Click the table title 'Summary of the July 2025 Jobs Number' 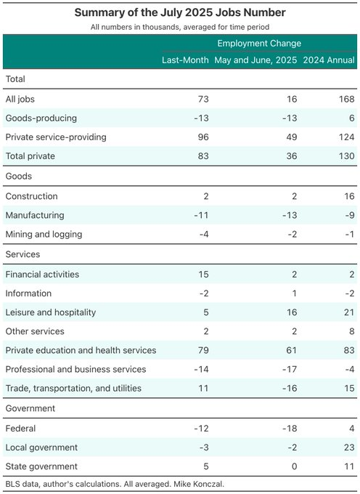(180, 12)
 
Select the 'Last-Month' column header (185, 60)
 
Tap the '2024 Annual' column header (329, 60)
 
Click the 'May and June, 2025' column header (255, 60)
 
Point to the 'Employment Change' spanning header (259, 43)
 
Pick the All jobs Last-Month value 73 (203, 100)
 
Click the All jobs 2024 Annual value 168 (347, 100)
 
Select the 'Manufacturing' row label (35, 215)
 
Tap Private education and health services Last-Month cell (203, 350)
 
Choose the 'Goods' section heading (19, 176)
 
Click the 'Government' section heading (30, 408)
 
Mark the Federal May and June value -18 (290, 429)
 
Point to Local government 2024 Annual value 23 (349, 448)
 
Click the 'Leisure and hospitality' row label (51, 312)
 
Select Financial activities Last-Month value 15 (204, 275)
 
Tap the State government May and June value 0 (294, 466)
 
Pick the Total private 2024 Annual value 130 (347, 156)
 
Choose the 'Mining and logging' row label (44, 234)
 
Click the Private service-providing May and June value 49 (292, 137)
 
